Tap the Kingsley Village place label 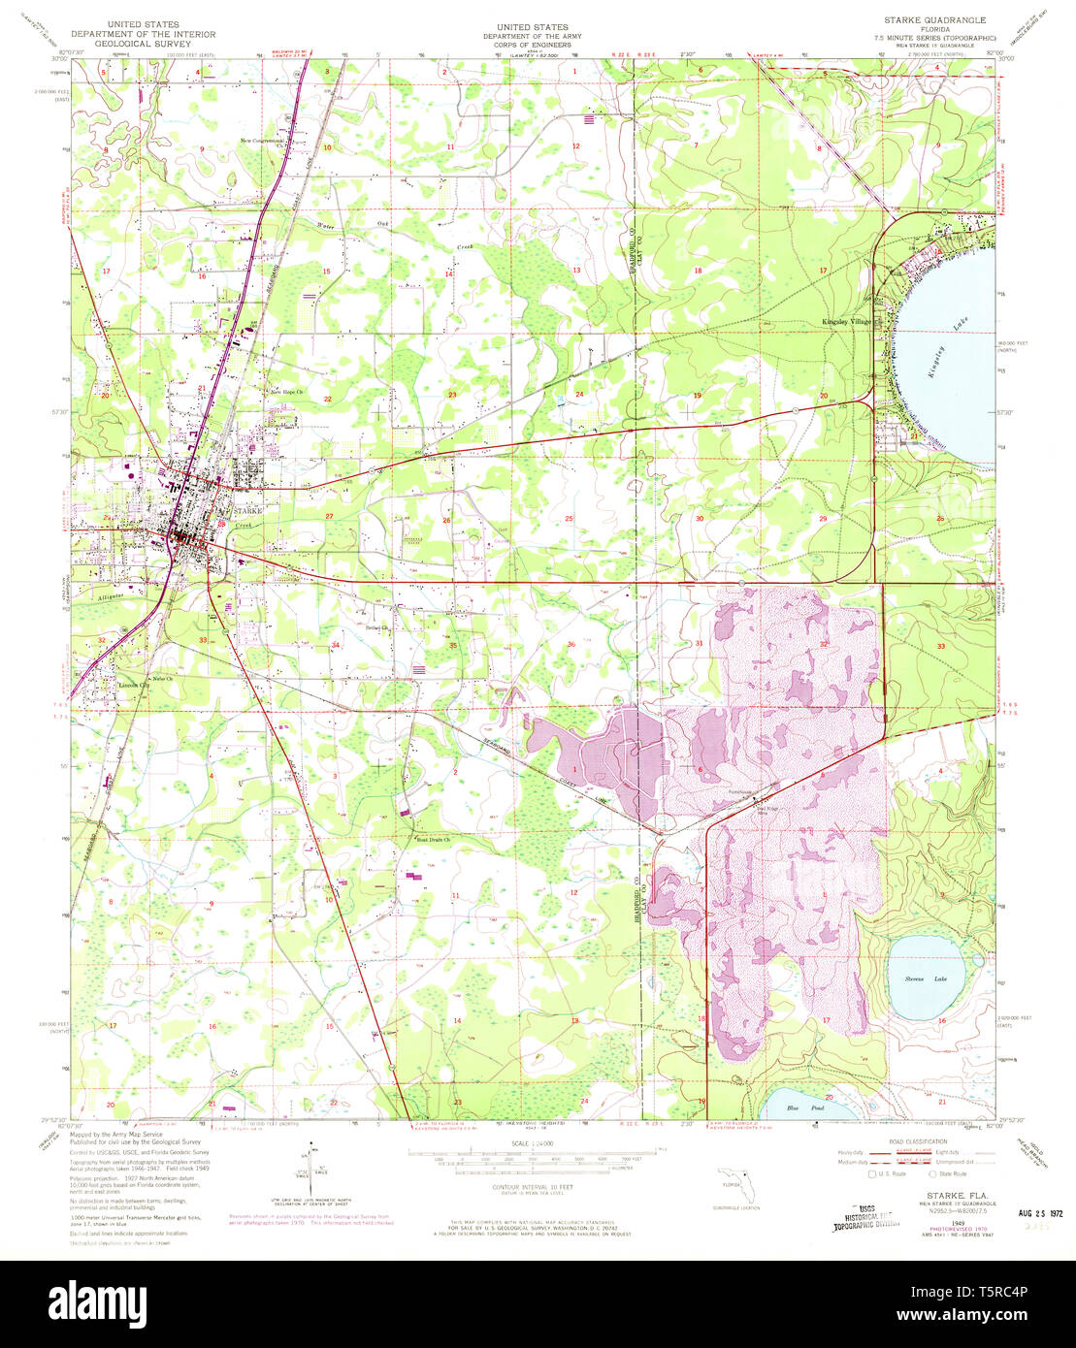pyautogui.click(x=847, y=321)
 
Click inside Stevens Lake pyautogui.click(x=927, y=978)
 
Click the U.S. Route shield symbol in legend pyautogui.click(x=870, y=1172)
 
